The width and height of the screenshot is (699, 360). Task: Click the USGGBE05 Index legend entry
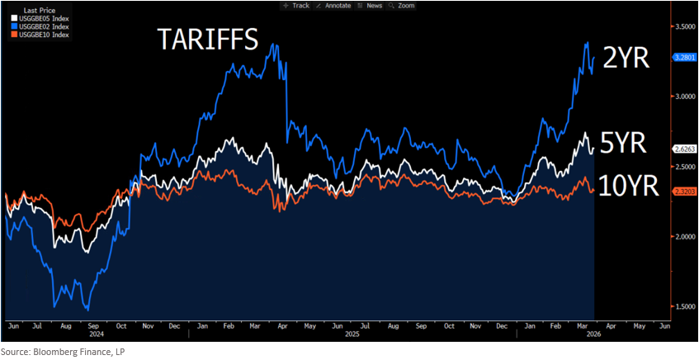pos(40,18)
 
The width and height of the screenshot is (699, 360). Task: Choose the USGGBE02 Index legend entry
pos(40,26)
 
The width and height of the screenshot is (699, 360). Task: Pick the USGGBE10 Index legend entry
pos(40,35)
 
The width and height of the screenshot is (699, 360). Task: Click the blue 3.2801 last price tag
pos(683,57)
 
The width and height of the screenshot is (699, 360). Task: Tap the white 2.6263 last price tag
pos(683,150)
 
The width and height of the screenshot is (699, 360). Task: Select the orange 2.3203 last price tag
pos(683,191)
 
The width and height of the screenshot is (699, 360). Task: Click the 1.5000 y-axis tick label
pos(685,306)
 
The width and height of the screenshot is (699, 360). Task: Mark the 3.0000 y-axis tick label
pos(685,108)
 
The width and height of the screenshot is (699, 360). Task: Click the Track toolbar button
pos(296,6)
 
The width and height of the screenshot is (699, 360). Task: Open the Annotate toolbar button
pos(333,6)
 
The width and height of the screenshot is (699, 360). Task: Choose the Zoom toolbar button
pos(401,6)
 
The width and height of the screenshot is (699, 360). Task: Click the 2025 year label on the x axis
pos(352,334)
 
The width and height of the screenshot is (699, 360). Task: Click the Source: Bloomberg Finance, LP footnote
pos(63,353)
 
